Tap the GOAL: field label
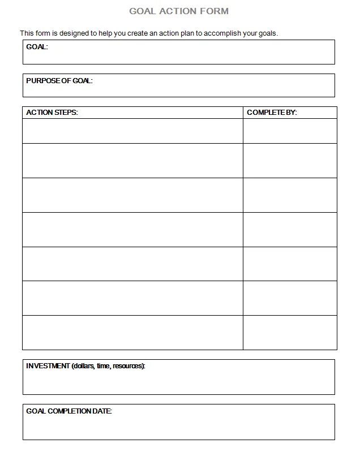(x=37, y=47)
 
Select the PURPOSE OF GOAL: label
(x=59, y=81)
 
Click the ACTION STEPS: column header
(x=52, y=113)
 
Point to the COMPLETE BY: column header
(x=272, y=113)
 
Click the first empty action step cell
(x=132, y=131)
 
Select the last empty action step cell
(x=132, y=332)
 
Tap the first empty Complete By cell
(x=290, y=131)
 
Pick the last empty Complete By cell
(x=290, y=332)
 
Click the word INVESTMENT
(x=48, y=366)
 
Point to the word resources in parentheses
(x=127, y=366)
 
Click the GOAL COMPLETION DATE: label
(x=69, y=411)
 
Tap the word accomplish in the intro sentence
(x=221, y=33)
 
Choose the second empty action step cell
(x=132, y=161)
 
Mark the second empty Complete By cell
(x=290, y=161)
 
